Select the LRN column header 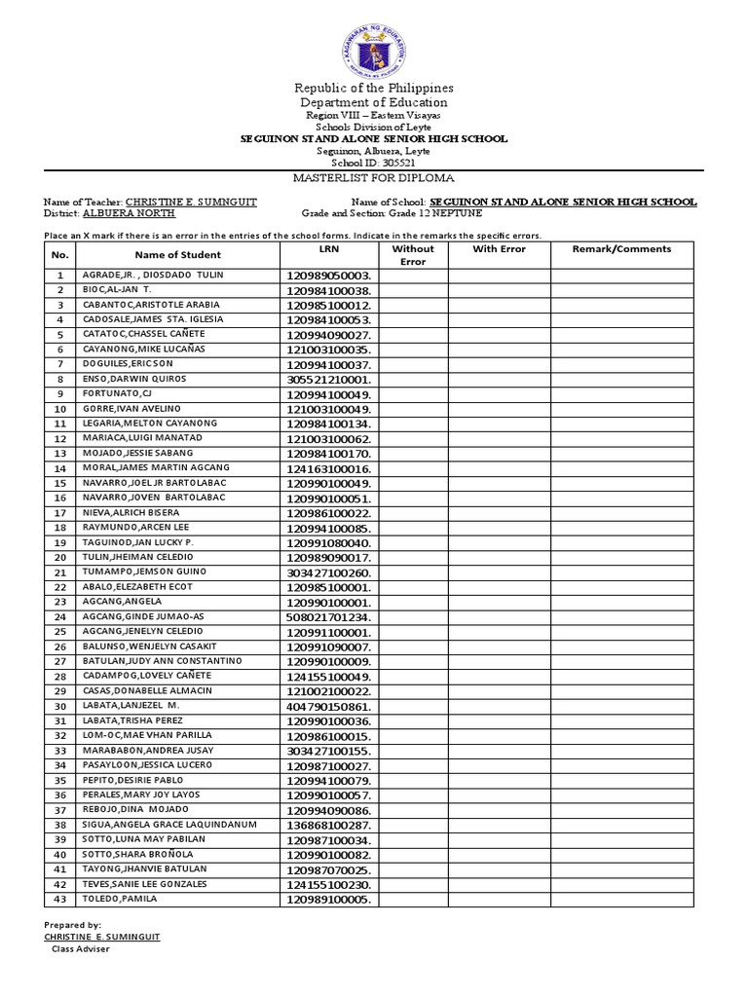[x=329, y=249]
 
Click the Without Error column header [x=413, y=255]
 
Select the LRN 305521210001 [x=328, y=380]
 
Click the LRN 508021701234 [x=328, y=617]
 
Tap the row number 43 [x=59, y=899]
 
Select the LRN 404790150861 [x=328, y=706]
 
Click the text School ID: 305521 [x=375, y=163]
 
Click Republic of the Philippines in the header [x=375, y=88]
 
